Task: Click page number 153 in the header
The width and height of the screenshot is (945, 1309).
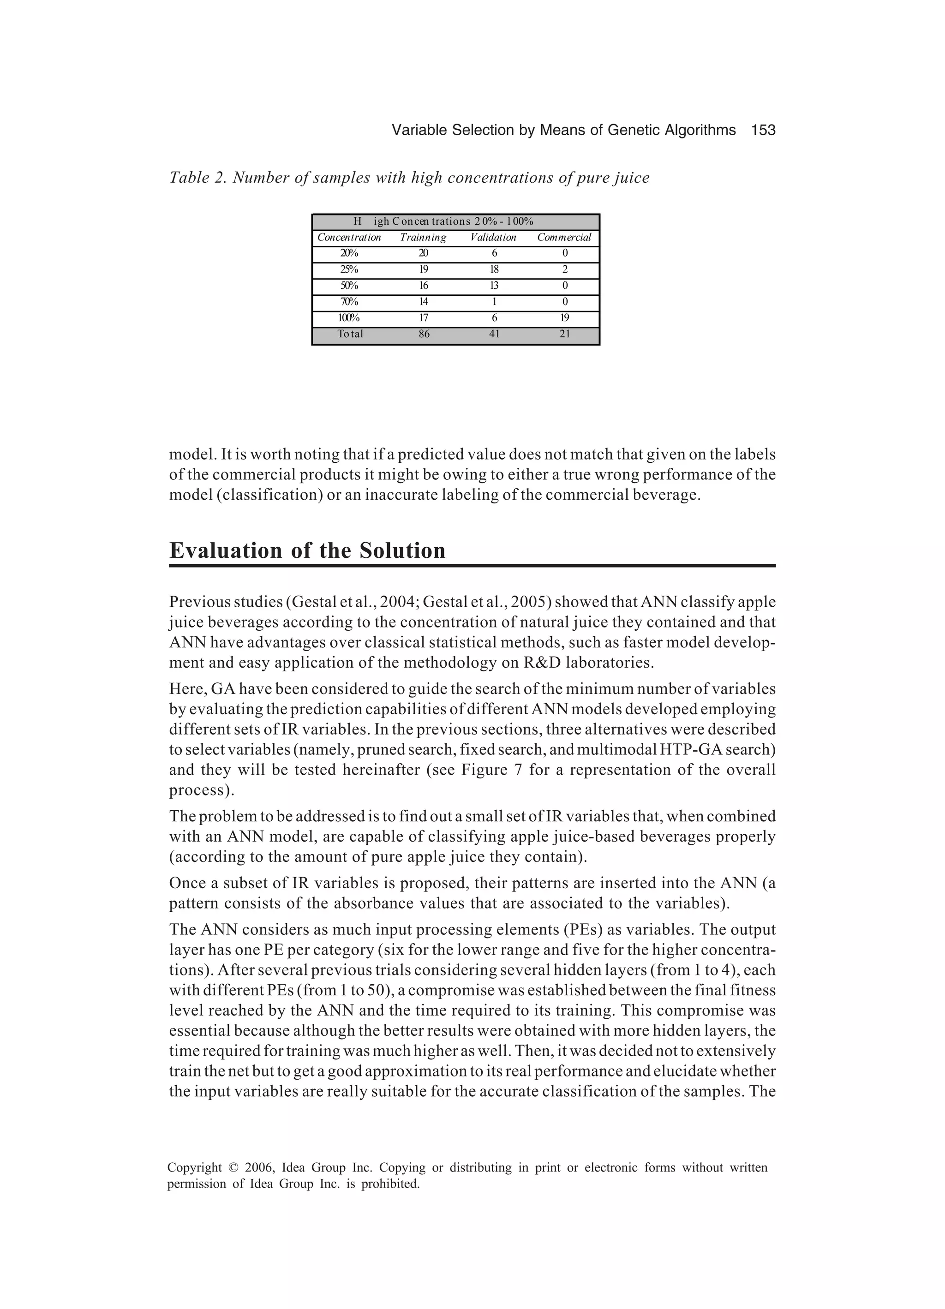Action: coord(763,131)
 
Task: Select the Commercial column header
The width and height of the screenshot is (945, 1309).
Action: coord(564,237)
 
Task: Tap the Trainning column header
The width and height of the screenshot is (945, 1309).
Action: coord(423,237)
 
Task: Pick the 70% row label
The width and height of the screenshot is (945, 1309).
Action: coord(349,301)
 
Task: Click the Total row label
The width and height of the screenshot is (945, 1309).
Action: coord(350,334)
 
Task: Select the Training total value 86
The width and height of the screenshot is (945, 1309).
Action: coord(424,334)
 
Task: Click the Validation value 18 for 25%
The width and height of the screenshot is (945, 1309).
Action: coord(494,269)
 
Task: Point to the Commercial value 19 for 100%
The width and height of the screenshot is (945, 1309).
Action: coord(565,317)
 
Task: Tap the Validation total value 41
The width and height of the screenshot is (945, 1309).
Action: coord(494,334)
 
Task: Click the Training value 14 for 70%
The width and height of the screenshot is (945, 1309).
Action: coord(424,301)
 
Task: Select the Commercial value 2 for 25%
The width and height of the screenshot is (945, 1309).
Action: coord(565,269)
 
